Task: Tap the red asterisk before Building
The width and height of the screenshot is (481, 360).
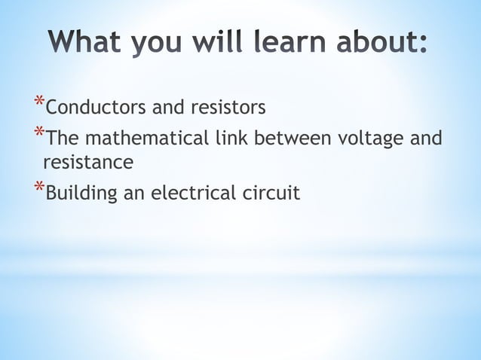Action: tap(38, 188)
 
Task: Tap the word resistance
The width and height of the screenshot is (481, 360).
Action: tap(88, 162)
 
